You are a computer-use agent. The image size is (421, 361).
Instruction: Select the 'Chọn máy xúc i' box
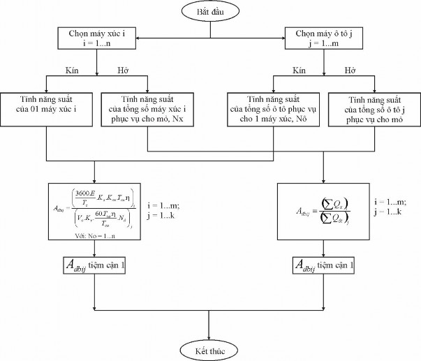click(96, 37)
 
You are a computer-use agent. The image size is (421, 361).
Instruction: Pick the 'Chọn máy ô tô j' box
click(323, 37)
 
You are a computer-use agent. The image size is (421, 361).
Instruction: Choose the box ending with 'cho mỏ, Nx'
click(148, 109)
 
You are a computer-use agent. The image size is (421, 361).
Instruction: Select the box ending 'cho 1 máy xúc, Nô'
click(274, 109)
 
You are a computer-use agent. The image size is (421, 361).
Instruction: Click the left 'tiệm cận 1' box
click(94, 265)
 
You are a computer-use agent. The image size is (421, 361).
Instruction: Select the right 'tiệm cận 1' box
click(323, 265)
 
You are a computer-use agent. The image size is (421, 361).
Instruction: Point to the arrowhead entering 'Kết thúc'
click(210, 335)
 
